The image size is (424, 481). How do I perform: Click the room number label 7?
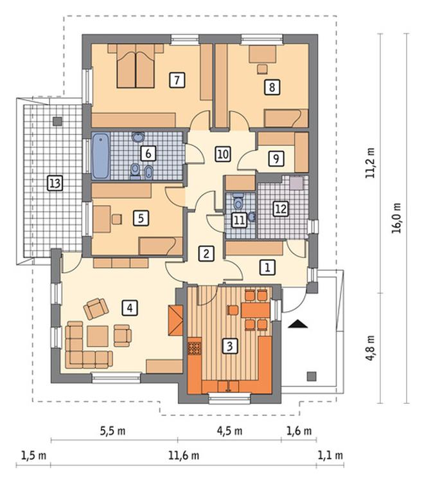(x=177, y=80)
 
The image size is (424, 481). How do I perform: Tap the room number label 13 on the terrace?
(x=55, y=183)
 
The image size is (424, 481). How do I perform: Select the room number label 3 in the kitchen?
(x=229, y=346)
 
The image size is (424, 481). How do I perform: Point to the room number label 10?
(x=223, y=154)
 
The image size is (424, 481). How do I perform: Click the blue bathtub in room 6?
(x=100, y=156)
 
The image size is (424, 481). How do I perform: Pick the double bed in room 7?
(x=136, y=66)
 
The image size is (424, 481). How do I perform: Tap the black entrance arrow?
(x=297, y=324)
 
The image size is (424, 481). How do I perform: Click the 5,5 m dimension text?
(x=112, y=431)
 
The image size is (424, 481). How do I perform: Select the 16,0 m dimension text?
(x=396, y=218)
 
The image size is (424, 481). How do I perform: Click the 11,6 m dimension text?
(x=184, y=455)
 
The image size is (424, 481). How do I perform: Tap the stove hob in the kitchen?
(x=194, y=348)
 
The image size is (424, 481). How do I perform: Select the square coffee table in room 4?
(x=98, y=336)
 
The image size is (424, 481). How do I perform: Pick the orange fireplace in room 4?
(x=175, y=320)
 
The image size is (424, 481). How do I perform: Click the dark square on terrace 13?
(x=57, y=122)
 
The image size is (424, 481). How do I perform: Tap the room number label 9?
(x=276, y=159)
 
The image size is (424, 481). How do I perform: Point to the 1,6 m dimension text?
(x=299, y=431)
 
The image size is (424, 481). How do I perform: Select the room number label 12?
(x=281, y=209)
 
